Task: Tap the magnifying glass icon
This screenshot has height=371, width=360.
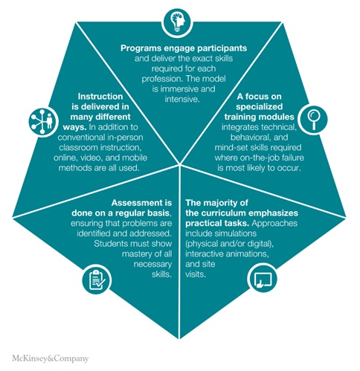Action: click(313, 120)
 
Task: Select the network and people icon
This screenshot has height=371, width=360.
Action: click(43, 122)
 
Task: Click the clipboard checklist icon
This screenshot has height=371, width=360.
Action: click(97, 280)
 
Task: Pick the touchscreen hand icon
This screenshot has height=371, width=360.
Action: click(263, 280)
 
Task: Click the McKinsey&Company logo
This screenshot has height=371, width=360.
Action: click(51, 358)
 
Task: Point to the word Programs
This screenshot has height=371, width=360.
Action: click(137, 48)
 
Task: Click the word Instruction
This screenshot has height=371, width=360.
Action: click(100, 97)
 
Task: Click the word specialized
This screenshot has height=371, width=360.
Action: click(260, 106)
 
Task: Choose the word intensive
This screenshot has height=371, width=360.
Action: click(182, 99)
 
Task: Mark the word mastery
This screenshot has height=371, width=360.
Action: click(137, 254)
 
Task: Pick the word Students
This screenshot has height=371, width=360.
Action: click(110, 244)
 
